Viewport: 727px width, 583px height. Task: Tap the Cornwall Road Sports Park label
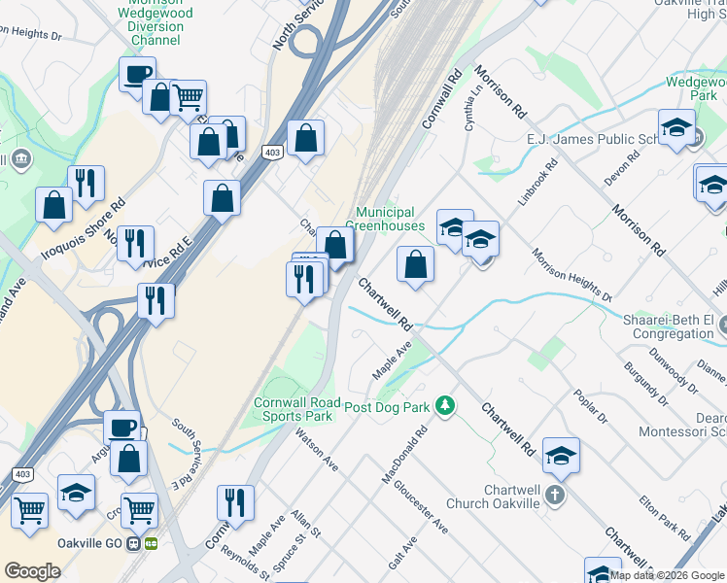click(x=294, y=409)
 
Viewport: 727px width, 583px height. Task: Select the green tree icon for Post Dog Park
click(x=445, y=403)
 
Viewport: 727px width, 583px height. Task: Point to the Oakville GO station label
click(x=95, y=543)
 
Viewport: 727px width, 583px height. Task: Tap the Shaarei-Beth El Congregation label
click(x=671, y=326)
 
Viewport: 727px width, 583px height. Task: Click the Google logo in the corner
click(x=32, y=571)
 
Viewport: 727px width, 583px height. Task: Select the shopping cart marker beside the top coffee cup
click(x=188, y=97)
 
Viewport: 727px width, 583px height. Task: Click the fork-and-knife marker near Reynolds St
click(x=235, y=502)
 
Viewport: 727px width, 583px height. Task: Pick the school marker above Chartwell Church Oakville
click(x=561, y=455)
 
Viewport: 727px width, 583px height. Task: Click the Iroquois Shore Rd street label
click(x=84, y=228)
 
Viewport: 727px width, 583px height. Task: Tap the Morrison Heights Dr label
click(x=571, y=275)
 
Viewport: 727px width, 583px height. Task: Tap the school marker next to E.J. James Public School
click(x=675, y=127)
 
